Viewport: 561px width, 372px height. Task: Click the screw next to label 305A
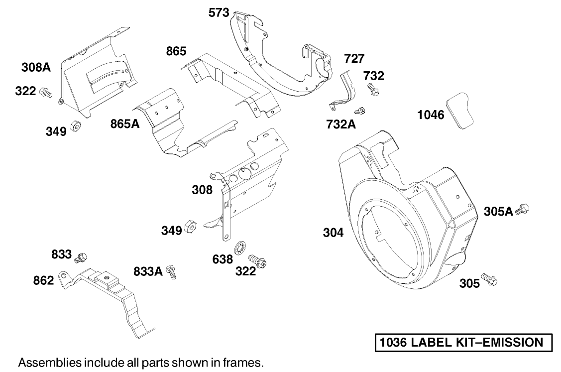522,210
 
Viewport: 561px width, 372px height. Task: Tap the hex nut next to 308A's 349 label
75,125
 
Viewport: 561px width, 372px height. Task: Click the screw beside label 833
81,257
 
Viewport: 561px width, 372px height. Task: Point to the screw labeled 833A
172,271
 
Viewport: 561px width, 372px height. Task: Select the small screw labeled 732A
360,110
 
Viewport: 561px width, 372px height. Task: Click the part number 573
219,13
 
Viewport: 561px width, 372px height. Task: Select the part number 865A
125,124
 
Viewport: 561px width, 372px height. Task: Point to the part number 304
334,232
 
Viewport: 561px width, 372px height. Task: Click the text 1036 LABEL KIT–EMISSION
461,343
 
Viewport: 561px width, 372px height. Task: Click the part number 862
43,280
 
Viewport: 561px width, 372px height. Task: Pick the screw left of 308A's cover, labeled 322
46,92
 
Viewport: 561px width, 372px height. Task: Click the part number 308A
36,67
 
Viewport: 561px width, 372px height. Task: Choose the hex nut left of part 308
190,227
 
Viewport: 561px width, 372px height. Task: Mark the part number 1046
431,116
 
